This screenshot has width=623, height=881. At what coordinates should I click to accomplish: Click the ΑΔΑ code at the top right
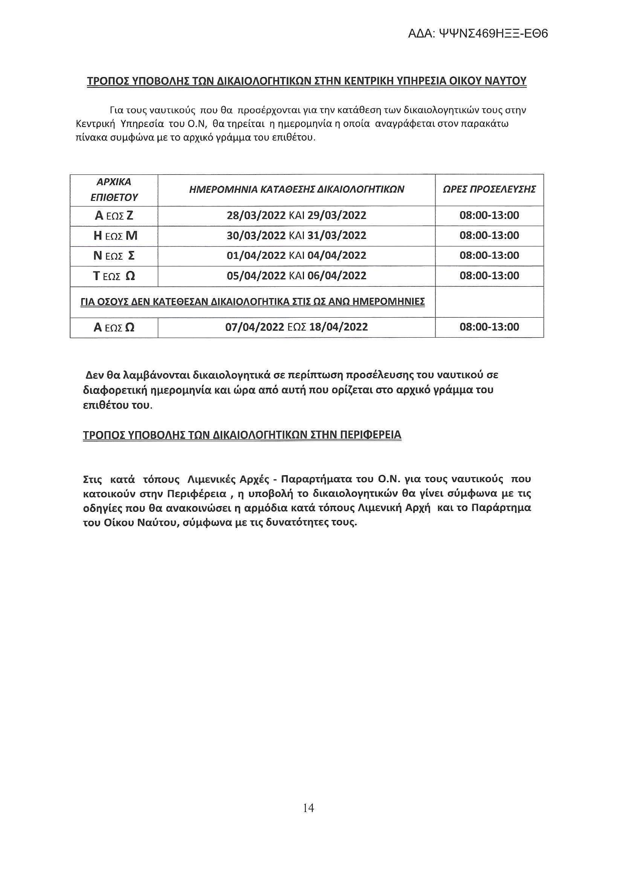pos(478,34)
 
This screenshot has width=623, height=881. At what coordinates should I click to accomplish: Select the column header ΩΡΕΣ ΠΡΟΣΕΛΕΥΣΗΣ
pos(489,189)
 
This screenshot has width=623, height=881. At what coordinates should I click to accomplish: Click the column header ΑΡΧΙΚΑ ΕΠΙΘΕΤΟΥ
pos(114,190)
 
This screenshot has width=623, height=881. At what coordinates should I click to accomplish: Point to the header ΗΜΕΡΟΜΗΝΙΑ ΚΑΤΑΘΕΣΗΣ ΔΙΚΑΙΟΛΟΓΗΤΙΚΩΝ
pos(296,189)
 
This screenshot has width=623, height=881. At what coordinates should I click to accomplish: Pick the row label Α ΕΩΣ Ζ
pos(114,216)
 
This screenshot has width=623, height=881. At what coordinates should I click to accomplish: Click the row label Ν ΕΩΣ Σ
pos(114,255)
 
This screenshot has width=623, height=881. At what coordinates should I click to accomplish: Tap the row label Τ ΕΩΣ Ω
pos(114,276)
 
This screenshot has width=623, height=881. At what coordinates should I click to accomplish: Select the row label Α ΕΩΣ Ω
pos(114,327)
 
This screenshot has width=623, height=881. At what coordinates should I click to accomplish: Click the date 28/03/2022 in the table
pos(256,215)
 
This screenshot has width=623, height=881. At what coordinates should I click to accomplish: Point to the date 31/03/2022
pos(337,235)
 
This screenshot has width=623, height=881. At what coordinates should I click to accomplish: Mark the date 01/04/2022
pos(256,255)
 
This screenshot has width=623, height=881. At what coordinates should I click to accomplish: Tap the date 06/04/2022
pos(337,275)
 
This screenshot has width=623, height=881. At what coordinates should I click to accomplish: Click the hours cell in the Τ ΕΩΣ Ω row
pos(489,275)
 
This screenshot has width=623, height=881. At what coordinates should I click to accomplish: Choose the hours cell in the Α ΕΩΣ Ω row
pos(489,327)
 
